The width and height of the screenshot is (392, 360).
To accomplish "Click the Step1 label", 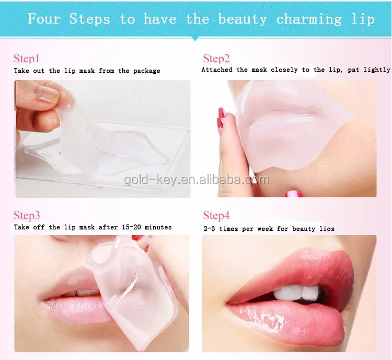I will coord(26,59).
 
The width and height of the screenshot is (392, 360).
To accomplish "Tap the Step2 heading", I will coord(216,59).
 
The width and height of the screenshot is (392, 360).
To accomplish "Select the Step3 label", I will coord(27,216).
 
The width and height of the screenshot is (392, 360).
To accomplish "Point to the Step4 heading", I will coord(216,216).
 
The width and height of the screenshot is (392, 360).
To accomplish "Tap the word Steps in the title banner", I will coord(89,19).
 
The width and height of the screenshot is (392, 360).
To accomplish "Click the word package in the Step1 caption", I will coord(144,71).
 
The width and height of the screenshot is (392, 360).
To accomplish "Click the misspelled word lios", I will coord(326,229).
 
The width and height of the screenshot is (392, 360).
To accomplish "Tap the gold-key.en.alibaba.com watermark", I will coord(196,181).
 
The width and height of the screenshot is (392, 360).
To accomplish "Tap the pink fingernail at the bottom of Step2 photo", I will coord(293,193).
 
